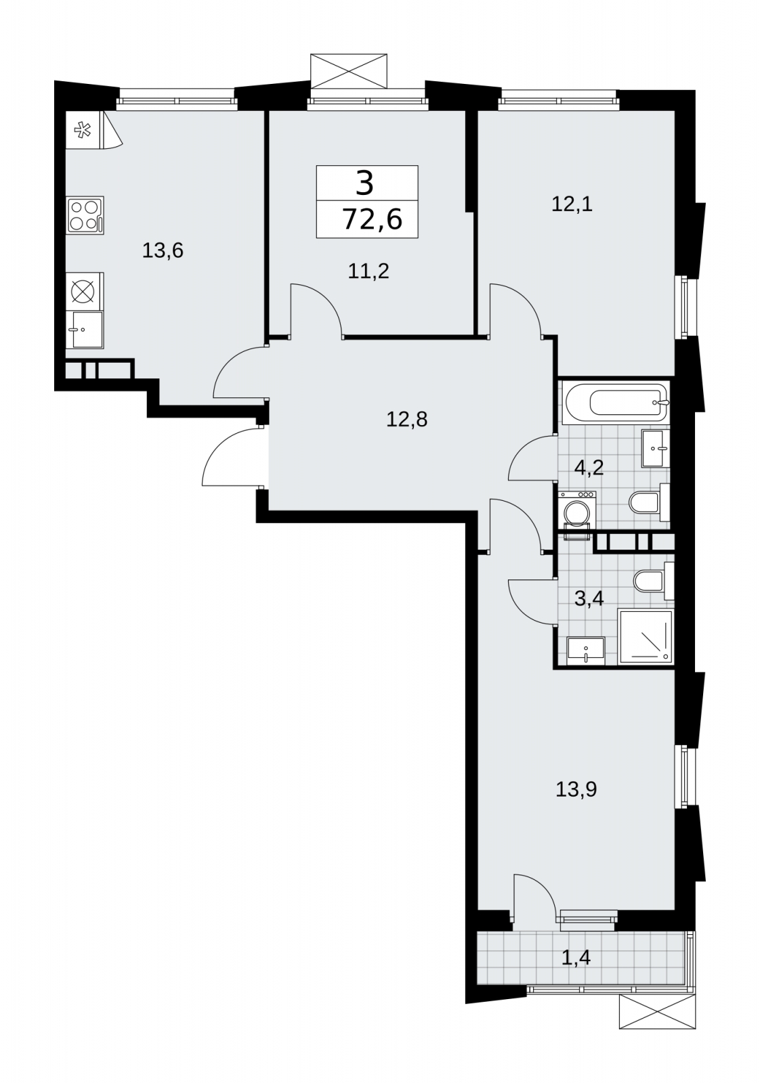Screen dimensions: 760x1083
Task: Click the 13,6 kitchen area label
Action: click(x=163, y=251)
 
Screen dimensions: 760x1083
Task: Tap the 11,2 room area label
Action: click(x=368, y=271)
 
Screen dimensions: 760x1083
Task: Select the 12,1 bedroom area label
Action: click(x=572, y=204)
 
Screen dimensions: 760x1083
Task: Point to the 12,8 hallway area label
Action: click(x=406, y=419)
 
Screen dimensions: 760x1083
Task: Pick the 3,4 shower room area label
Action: click(x=589, y=598)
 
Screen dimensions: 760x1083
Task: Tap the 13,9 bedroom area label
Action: click(x=576, y=790)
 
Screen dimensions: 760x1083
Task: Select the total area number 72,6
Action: click(x=373, y=220)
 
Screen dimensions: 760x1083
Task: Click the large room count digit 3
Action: click(x=365, y=183)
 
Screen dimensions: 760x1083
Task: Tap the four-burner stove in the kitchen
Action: click(x=85, y=216)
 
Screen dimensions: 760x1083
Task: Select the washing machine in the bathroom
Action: click(x=577, y=515)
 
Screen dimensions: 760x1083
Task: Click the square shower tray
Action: click(x=646, y=637)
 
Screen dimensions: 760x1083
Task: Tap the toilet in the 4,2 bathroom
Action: click(x=649, y=502)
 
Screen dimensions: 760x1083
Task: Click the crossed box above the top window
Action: click(x=349, y=71)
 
